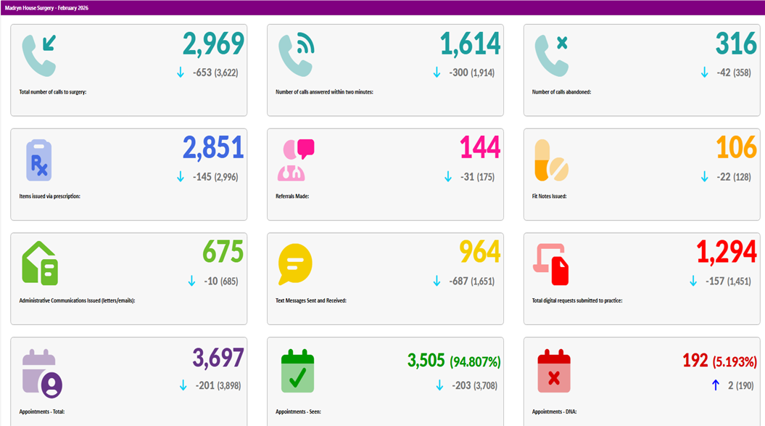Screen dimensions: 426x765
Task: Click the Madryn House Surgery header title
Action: pos(46,8)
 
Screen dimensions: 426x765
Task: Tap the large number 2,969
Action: pos(213,45)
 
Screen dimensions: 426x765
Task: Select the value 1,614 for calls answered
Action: pos(470,45)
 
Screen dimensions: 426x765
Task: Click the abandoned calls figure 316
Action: pos(736,45)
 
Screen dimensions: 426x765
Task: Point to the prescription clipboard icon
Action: pos(39,160)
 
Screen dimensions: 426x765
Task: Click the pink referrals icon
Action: pos(297,160)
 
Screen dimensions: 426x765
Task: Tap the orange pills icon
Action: pos(551,160)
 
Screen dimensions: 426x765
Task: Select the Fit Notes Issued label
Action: pos(549,196)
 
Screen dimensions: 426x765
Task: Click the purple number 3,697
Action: pos(218,358)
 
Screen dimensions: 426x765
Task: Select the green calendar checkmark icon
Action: pos(297,372)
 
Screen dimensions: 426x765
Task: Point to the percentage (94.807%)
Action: pos(475,361)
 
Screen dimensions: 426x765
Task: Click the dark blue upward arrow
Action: pos(715,385)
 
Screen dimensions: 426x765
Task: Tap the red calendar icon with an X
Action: pos(554,372)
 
